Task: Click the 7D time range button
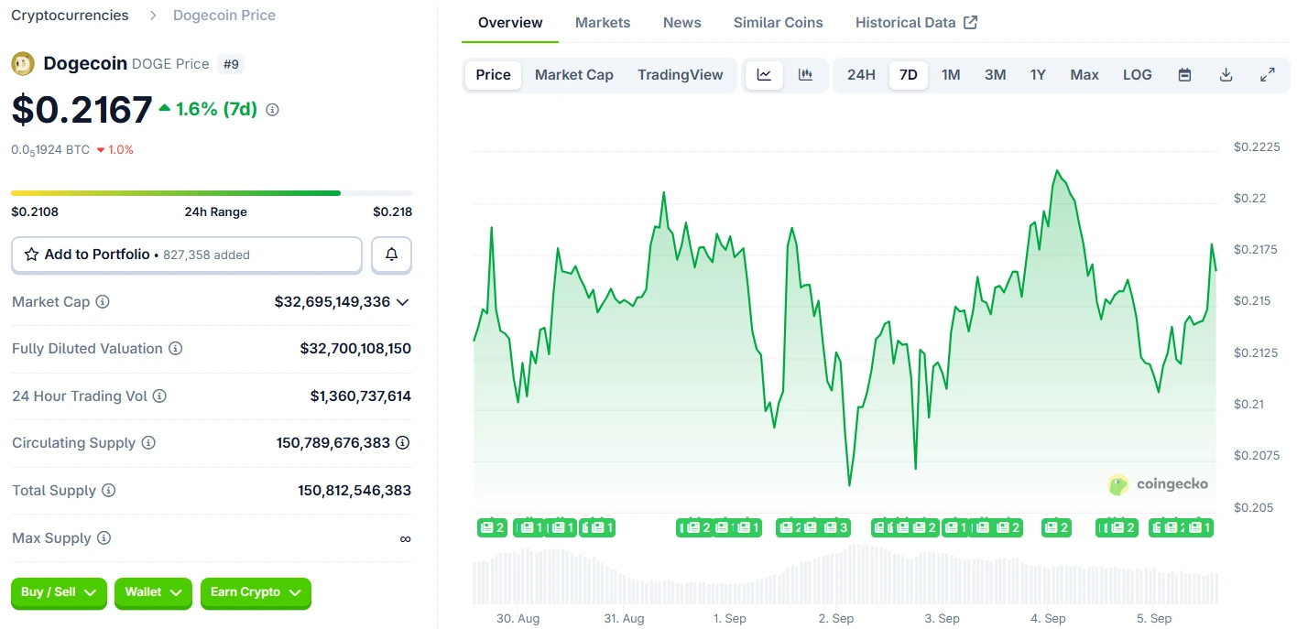coord(908,75)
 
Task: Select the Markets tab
coord(603,23)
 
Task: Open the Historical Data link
coord(916,23)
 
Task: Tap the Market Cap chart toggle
coord(573,75)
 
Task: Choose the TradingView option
coord(680,75)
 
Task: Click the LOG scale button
coord(1137,75)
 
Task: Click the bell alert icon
coord(391,255)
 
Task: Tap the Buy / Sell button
coord(59,592)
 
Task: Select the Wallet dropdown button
coord(153,592)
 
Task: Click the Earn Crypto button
coord(256,592)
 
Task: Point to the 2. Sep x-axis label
coord(835,619)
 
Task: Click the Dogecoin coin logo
coord(23,64)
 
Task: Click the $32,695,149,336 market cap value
coord(332,302)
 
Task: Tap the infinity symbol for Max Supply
coord(405,538)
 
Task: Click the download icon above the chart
coord(1226,75)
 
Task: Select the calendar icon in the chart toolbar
coord(1184,75)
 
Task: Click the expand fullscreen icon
coord(1268,75)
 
